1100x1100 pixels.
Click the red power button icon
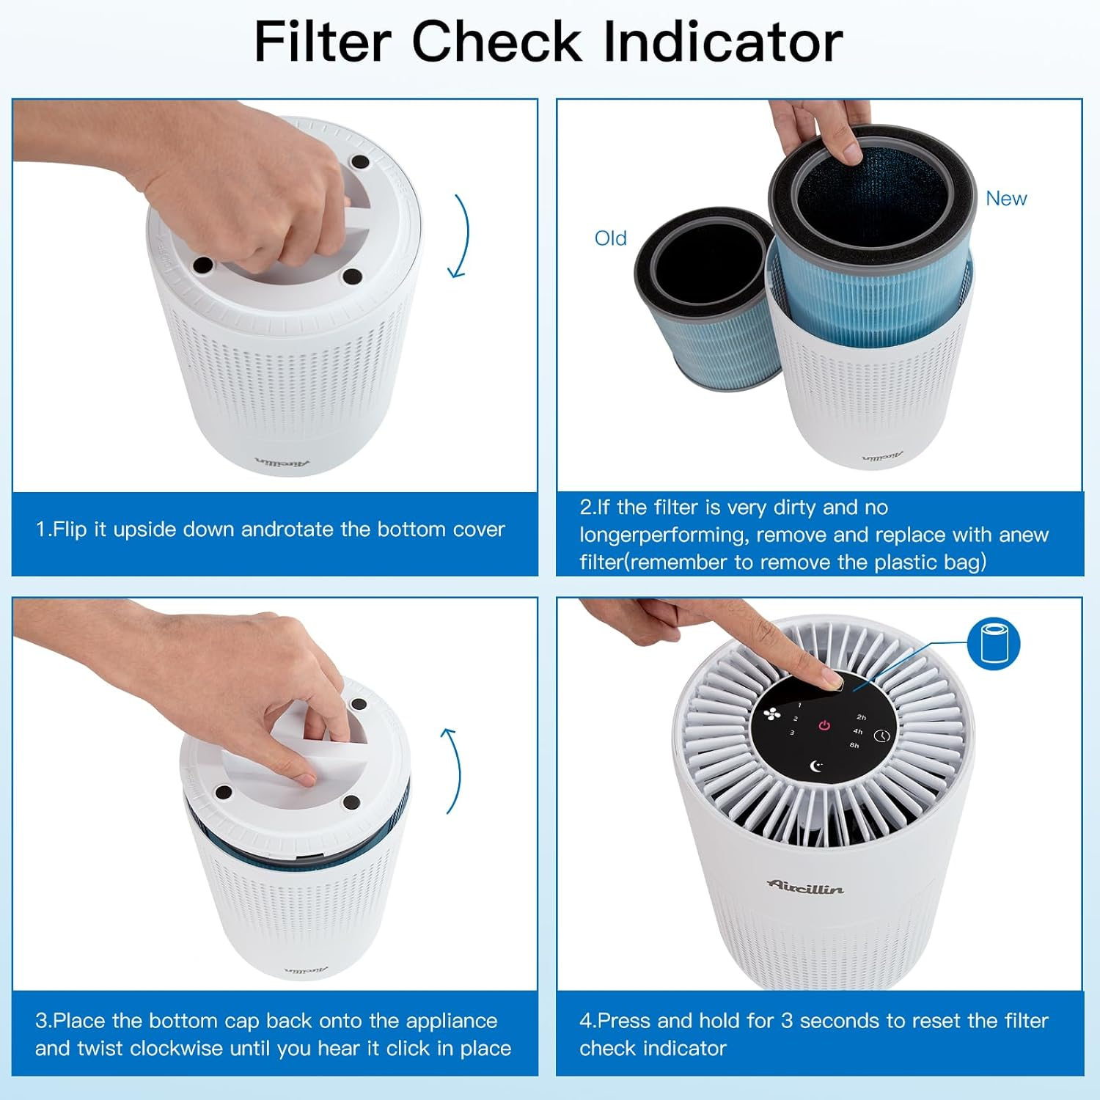click(824, 725)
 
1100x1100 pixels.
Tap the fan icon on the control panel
click(771, 714)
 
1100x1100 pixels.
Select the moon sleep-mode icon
click(816, 766)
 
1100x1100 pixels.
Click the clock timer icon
click(881, 736)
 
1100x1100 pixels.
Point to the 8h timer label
click(854, 745)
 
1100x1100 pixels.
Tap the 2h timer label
click(861, 717)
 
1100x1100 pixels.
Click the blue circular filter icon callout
click(994, 643)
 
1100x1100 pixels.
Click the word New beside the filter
click(1005, 199)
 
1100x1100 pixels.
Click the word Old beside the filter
click(610, 238)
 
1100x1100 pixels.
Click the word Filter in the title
click(322, 42)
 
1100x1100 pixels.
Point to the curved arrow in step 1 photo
click(460, 236)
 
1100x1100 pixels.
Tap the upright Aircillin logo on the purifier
click(805, 887)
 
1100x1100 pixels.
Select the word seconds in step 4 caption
click(836, 1021)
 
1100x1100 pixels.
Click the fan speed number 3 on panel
click(792, 733)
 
